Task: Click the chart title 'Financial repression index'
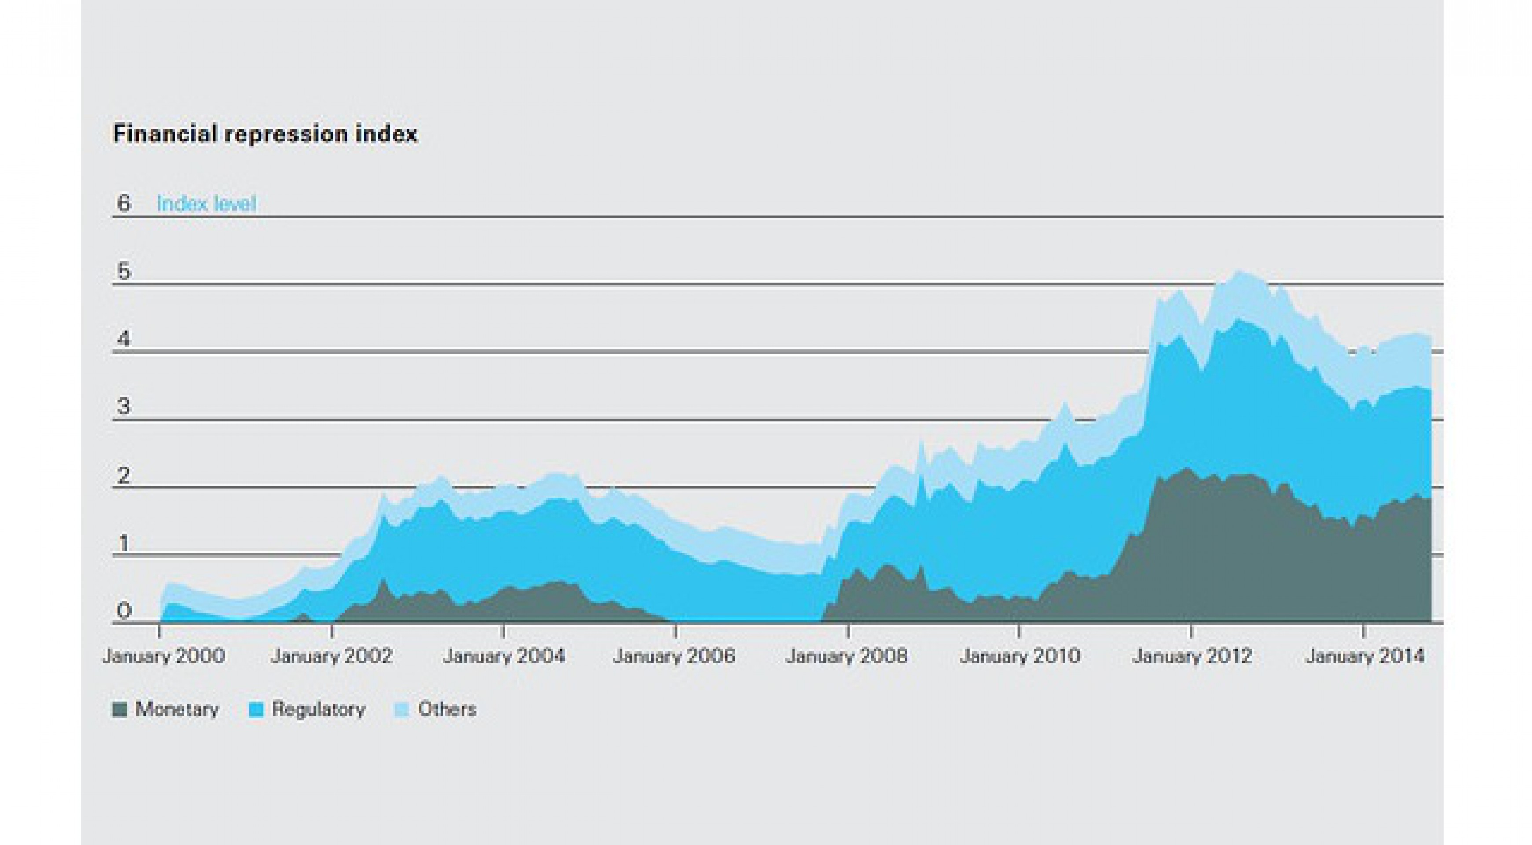coord(265,134)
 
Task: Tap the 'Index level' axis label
coord(206,204)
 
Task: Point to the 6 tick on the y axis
coord(123,203)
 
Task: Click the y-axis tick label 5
coord(123,271)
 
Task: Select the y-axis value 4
coord(123,340)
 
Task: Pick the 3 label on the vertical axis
coord(123,408)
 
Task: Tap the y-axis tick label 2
coord(123,476)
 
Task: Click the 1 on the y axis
coord(123,544)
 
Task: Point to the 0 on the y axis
coord(123,611)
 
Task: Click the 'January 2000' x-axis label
coord(164,656)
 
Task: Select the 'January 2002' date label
coord(331,656)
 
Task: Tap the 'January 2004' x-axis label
coord(504,656)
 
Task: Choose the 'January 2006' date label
coord(674,656)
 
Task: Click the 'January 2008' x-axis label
coord(847,656)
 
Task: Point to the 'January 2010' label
coord(1019,656)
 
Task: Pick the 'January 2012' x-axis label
coord(1192,656)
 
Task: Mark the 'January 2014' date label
coord(1365,656)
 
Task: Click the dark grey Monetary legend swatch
coord(120,709)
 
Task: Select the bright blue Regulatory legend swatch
coord(256,709)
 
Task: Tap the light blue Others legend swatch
coord(402,709)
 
